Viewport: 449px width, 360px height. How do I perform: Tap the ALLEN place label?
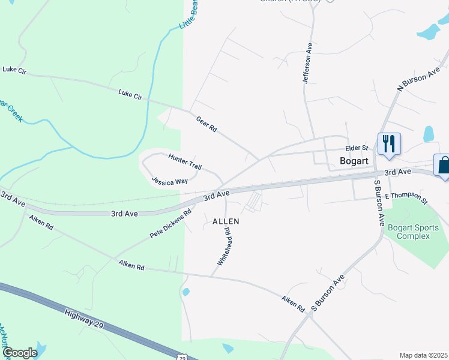[x=226, y=221]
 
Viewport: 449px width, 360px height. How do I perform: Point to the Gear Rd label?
[x=206, y=124]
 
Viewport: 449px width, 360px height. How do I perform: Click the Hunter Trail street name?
[x=185, y=161]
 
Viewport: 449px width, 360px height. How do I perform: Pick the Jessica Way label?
[x=170, y=181]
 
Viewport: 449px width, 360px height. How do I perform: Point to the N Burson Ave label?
[x=419, y=80]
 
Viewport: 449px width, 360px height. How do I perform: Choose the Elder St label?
[x=356, y=148]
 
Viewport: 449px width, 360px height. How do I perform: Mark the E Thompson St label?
[x=406, y=198]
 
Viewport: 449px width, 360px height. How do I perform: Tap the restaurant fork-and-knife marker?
[x=388, y=143]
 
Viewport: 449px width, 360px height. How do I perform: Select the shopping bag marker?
[x=443, y=164]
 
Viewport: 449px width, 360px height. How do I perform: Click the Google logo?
[x=20, y=353]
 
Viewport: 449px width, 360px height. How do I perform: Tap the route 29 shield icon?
[x=182, y=357]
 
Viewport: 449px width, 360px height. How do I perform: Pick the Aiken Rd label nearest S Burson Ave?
[x=292, y=302]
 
